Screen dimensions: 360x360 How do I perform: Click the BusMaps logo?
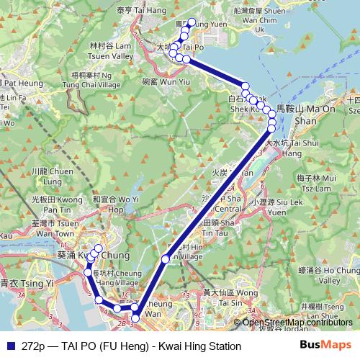click(325, 346)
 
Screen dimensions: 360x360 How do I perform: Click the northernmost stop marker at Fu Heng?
click(191, 22)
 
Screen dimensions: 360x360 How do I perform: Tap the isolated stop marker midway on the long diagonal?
click(166, 258)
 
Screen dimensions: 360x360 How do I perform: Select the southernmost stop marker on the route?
click(135, 318)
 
